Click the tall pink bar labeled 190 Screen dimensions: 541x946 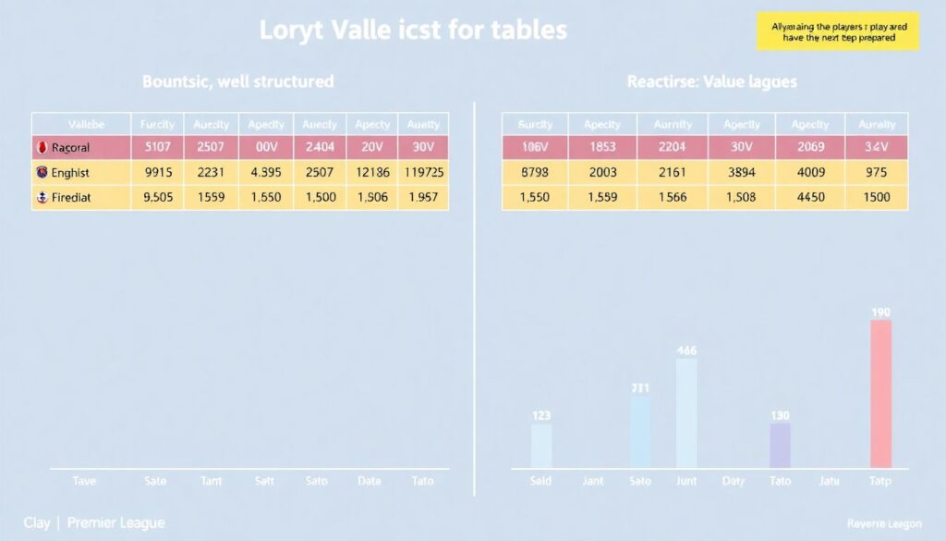[880, 394]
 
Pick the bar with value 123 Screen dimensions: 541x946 [541, 446]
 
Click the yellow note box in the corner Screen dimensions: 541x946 [838, 31]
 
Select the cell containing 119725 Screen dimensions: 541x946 [421, 172]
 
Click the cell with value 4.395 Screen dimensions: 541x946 [266, 172]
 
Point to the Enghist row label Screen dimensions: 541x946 [70, 172]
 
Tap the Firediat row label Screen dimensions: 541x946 [70, 197]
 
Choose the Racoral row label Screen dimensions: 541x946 [70, 148]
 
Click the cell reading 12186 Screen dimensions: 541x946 [372, 172]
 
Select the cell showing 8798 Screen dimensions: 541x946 [535, 172]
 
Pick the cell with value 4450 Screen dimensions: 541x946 [808, 197]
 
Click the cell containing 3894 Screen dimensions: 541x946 [742, 172]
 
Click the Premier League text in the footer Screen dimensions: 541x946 [115, 523]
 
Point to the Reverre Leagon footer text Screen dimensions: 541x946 [884, 524]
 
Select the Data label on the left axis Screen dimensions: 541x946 [370, 482]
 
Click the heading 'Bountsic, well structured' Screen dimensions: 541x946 [237, 81]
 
